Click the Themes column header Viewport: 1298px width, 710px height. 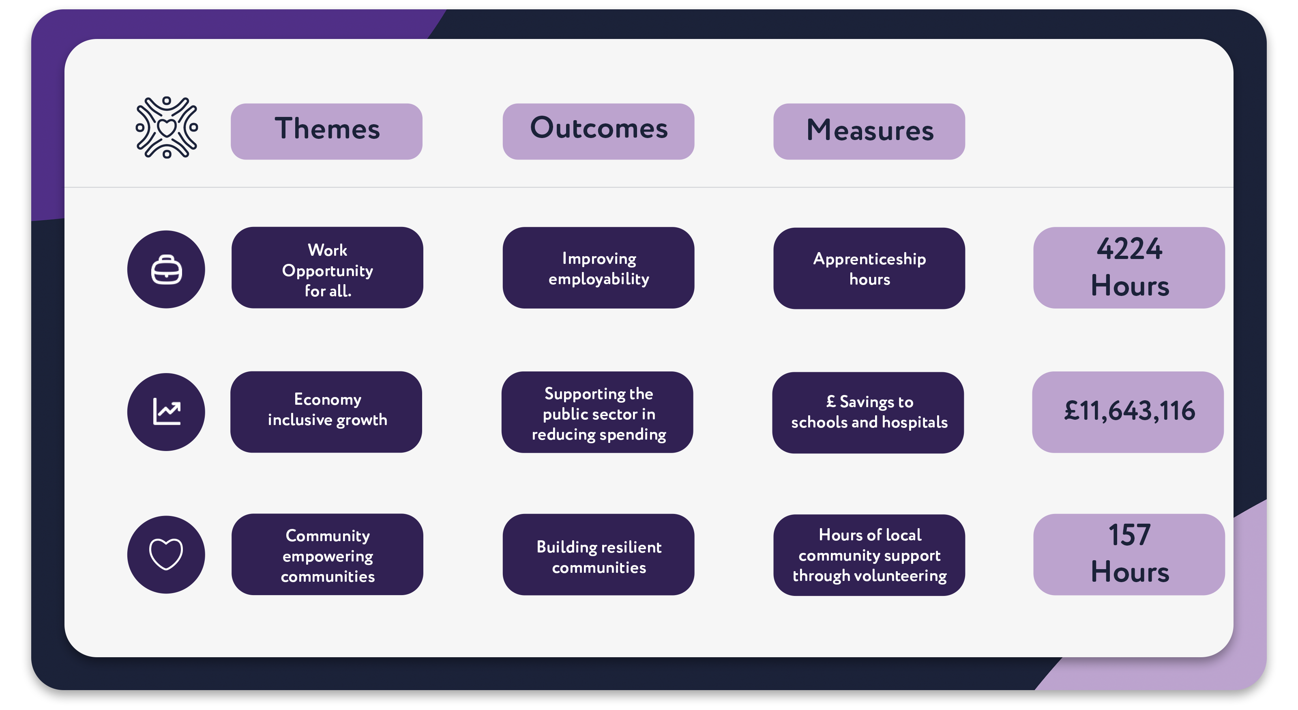(326, 131)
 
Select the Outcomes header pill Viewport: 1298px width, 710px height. (598, 131)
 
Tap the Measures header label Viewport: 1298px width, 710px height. (869, 131)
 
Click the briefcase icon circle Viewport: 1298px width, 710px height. (166, 269)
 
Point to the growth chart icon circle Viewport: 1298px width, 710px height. (166, 412)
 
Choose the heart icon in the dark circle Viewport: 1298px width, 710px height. (166, 554)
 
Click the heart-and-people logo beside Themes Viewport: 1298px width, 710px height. (167, 127)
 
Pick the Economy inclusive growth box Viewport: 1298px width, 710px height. (326, 412)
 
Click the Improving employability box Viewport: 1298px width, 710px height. (598, 268)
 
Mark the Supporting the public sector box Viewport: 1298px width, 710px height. (597, 412)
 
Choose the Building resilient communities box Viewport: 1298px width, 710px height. (598, 555)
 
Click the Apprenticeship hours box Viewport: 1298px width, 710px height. (869, 268)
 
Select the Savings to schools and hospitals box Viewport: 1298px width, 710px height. (868, 412)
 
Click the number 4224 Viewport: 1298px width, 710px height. (1129, 249)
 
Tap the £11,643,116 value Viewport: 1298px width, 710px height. (1129, 411)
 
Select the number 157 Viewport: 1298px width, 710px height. (1129, 535)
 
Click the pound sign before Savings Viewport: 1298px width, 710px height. (831, 401)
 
